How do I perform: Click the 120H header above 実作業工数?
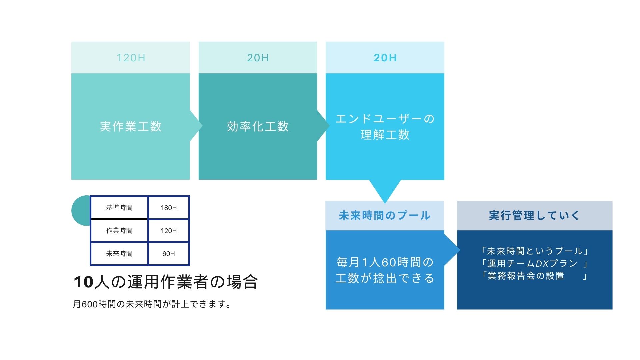click(131, 58)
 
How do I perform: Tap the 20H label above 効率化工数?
click(258, 58)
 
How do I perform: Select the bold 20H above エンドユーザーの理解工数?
click(385, 58)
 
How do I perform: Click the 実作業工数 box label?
click(131, 126)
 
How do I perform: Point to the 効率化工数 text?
click(258, 126)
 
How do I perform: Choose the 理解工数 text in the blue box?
click(385, 135)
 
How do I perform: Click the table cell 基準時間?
click(119, 208)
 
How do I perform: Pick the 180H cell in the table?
click(169, 208)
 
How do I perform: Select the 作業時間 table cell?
click(119, 231)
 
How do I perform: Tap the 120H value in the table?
click(169, 231)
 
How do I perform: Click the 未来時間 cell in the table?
click(119, 254)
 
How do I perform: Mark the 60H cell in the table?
click(169, 254)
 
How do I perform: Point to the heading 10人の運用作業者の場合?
click(166, 282)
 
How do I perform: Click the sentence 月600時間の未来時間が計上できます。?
click(152, 304)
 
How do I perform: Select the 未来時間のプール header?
click(385, 216)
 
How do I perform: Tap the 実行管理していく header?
click(535, 216)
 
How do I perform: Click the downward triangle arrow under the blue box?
click(385, 190)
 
